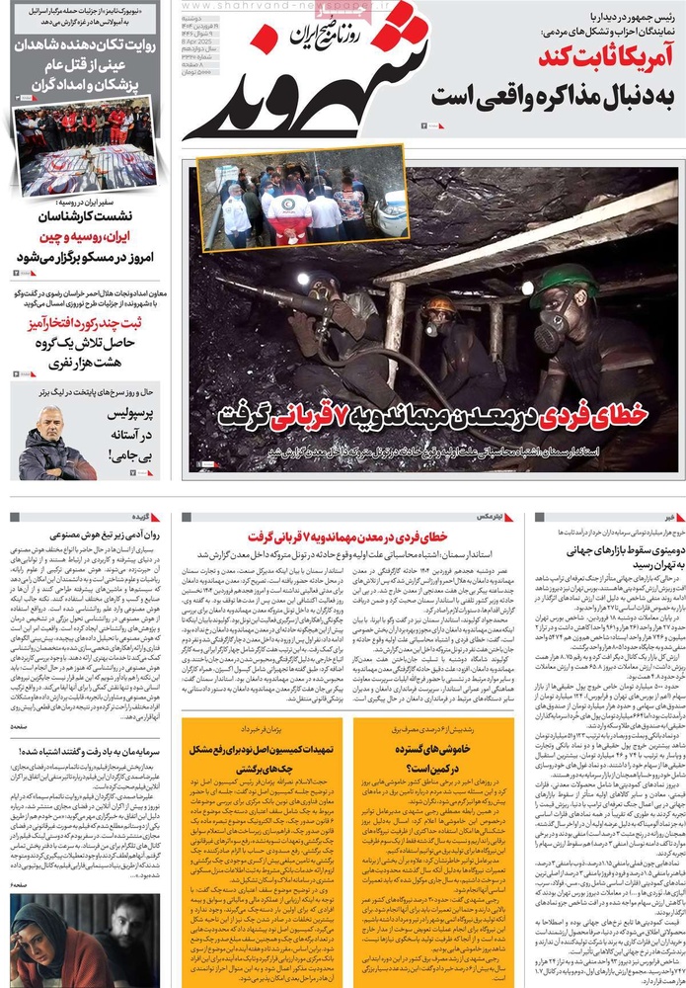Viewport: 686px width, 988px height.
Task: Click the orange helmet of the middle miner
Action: [439, 304]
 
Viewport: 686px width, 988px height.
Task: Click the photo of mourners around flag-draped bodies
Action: [84, 149]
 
